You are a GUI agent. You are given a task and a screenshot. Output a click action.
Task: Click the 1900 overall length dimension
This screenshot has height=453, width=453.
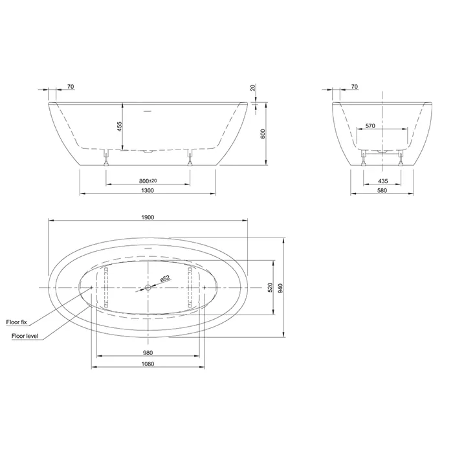coord(148,217)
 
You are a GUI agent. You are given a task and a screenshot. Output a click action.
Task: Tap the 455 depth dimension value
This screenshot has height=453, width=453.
coord(120,127)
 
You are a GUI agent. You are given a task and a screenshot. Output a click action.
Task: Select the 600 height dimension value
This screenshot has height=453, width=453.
coord(263,134)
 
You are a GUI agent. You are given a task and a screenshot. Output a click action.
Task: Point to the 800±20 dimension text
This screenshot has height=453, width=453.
coord(148,181)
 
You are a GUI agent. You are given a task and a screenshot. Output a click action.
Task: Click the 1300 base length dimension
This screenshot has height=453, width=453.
coord(148,190)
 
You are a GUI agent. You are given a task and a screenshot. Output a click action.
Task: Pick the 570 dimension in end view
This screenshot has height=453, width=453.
coord(370,126)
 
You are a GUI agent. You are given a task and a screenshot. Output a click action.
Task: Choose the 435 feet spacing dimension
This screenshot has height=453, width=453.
coord(383,181)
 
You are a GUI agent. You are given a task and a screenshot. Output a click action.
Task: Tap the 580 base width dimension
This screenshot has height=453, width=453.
coord(382,190)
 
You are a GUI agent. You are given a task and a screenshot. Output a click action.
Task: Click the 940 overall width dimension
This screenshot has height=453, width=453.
coord(280,288)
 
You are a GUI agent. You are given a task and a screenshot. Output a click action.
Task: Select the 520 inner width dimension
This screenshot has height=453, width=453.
coord(270,287)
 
